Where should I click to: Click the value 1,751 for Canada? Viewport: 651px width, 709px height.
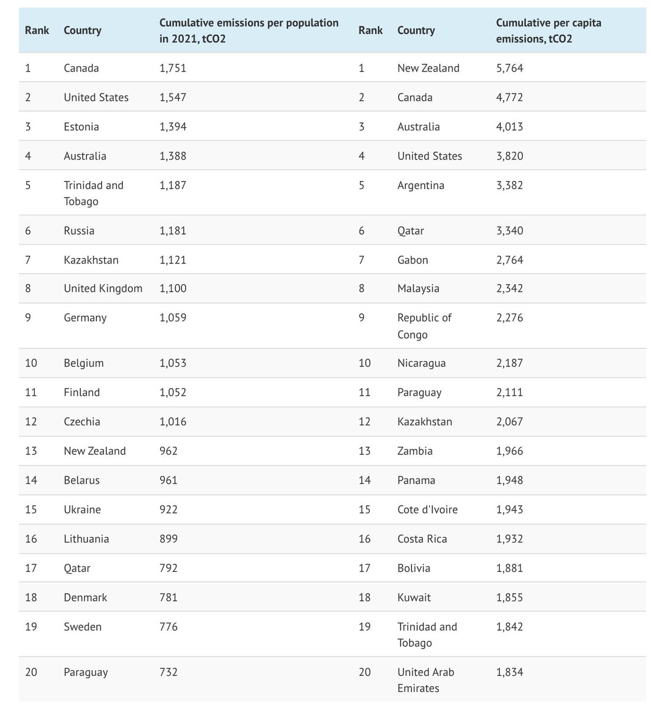point(172,68)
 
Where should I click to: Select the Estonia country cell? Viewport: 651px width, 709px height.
point(82,126)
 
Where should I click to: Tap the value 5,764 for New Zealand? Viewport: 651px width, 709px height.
point(510,68)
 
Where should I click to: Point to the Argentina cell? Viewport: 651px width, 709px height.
point(421,185)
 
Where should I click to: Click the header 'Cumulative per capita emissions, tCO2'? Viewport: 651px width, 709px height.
point(548,31)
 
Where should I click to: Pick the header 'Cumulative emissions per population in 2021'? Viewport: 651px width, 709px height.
point(249,31)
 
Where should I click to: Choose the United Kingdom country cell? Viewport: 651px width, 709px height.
point(103,288)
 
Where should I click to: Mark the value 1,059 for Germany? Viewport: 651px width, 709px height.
point(172,318)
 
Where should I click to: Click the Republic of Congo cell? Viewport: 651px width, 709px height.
point(424,326)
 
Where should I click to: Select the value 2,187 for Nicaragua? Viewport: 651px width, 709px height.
point(510,363)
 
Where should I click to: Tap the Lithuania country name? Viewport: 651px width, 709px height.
point(86,539)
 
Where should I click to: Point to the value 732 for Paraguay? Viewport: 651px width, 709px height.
point(168,672)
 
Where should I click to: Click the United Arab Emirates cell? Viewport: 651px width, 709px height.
point(426,680)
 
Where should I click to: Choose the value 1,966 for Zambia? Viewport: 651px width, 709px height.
point(510,451)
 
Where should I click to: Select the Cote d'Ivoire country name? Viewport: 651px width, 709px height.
point(427,509)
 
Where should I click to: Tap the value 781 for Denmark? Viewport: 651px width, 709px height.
point(168,597)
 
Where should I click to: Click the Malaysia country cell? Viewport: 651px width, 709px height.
point(418,288)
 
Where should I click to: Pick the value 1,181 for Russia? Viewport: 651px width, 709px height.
point(172,230)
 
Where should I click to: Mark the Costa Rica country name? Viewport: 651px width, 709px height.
point(422,539)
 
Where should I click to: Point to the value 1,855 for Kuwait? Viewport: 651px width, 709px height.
point(510,597)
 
